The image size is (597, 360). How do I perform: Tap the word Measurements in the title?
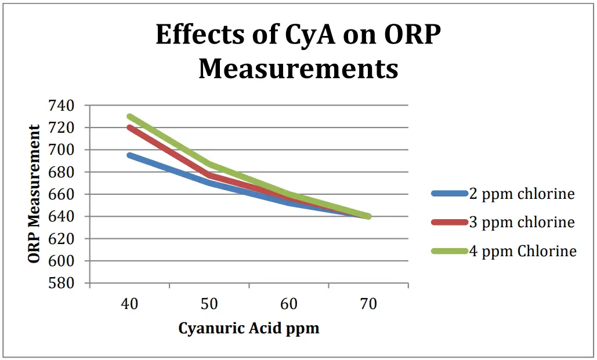298,68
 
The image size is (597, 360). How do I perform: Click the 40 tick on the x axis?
129,304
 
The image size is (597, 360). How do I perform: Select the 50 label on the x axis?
209,304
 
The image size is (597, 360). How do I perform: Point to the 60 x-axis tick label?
288,304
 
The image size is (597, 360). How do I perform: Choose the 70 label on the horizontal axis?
368,304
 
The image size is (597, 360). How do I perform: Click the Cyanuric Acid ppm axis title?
248,329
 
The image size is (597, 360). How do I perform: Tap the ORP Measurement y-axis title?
35,194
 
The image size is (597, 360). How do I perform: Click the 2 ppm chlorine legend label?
522,194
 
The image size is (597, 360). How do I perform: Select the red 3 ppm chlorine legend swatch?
450,222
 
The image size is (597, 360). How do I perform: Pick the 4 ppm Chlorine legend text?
523,250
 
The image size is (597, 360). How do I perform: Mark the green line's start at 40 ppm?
129,117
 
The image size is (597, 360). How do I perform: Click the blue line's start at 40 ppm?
129,155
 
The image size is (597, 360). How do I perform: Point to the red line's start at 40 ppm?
129,128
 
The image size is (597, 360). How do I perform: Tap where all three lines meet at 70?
368,216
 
